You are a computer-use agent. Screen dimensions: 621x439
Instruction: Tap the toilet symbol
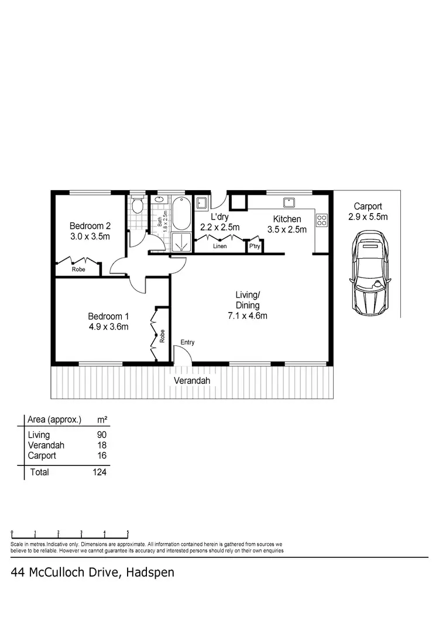[x=138, y=205]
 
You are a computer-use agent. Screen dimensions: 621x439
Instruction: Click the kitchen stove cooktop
[x=321, y=221]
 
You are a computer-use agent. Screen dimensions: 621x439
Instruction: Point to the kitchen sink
[x=289, y=203]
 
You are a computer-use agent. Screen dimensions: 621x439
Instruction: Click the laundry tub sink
[x=201, y=203]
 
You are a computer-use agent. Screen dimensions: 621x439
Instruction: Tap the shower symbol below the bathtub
[x=181, y=242]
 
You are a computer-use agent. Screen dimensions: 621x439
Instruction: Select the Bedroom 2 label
[x=90, y=226]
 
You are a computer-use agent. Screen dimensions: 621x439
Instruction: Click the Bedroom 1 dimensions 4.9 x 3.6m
[x=108, y=327]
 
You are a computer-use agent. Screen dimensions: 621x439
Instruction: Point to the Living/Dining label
[x=248, y=300]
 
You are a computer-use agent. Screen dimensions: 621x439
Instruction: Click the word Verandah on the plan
[x=191, y=381]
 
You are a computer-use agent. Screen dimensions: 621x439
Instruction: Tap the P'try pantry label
[x=255, y=246]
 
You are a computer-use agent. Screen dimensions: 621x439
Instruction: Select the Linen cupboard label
[x=220, y=246]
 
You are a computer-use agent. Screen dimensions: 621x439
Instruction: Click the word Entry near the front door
[x=187, y=342]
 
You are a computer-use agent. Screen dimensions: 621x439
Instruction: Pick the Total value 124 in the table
[x=99, y=472]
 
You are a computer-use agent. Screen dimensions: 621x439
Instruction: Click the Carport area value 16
[x=102, y=455]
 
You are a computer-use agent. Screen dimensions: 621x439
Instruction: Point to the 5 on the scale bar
[x=128, y=533]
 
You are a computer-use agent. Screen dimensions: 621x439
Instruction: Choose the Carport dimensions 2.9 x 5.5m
[x=368, y=217]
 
